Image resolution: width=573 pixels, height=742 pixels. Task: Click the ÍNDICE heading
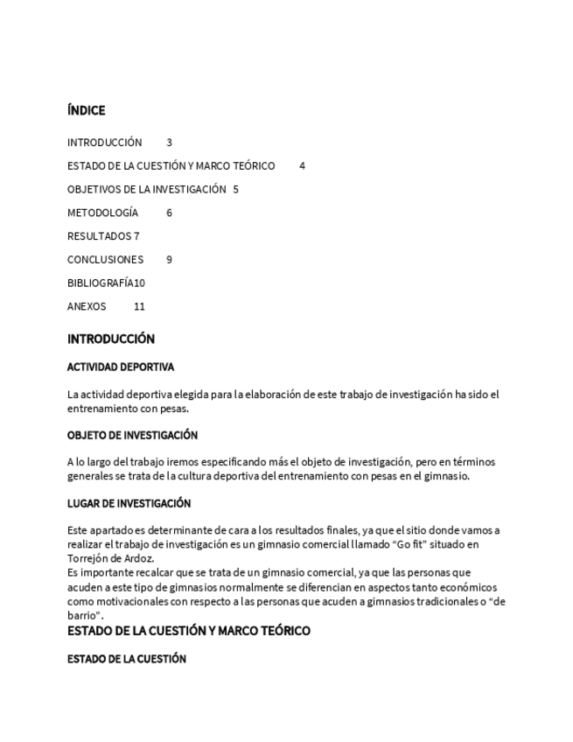click(x=86, y=110)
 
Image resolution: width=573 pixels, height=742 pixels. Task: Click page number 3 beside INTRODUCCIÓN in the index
click(x=170, y=142)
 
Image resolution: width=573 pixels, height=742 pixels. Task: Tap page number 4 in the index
click(x=302, y=165)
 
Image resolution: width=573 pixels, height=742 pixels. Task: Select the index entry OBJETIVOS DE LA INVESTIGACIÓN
click(x=146, y=189)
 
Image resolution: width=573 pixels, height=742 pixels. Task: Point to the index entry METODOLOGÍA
click(x=102, y=213)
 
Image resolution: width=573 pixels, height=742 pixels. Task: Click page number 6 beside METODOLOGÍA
click(x=170, y=213)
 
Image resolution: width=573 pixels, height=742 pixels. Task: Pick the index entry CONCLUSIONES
click(x=105, y=260)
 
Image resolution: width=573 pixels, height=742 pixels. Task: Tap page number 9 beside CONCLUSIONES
click(x=170, y=260)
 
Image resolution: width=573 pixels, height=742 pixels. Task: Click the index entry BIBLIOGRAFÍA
click(x=100, y=283)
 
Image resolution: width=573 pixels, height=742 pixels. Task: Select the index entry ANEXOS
click(x=87, y=307)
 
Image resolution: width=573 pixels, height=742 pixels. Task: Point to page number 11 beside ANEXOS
click(x=139, y=307)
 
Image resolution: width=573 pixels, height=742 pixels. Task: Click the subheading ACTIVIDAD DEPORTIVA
click(x=121, y=367)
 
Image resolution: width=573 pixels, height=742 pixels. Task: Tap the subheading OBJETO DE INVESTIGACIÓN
click(x=132, y=435)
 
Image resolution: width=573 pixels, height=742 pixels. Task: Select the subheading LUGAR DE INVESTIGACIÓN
click(x=129, y=503)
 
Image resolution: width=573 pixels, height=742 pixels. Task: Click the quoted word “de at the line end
click(x=496, y=601)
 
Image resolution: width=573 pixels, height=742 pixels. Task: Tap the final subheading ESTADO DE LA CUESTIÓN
click(x=127, y=659)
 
